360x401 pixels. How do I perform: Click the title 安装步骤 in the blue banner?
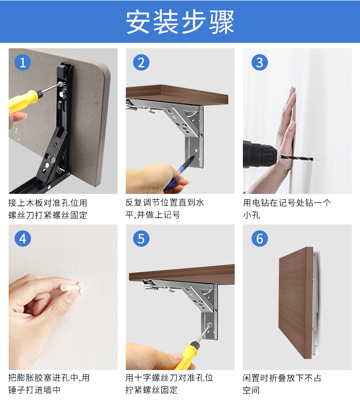tap(180, 21)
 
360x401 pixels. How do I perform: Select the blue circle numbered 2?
tap(141, 62)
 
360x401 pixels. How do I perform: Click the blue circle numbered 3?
tap(259, 62)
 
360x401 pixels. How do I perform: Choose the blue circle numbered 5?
tap(141, 238)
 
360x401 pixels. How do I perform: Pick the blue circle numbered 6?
tap(259, 238)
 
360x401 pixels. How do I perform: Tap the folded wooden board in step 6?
tap(296, 310)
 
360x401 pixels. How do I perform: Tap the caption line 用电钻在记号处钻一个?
tap(287, 203)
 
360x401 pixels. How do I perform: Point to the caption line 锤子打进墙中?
tap(34, 390)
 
